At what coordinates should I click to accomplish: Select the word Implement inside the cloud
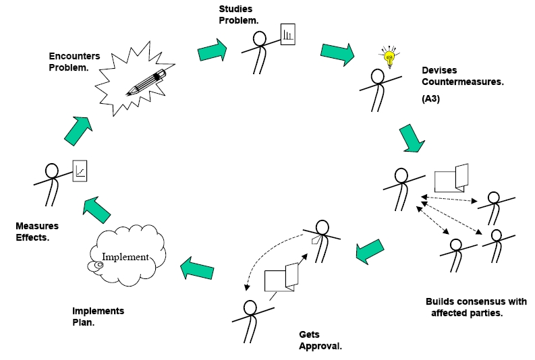point(125,257)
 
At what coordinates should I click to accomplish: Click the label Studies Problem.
point(238,14)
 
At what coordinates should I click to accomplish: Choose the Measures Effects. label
point(37,231)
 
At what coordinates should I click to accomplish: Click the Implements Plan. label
point(98,317)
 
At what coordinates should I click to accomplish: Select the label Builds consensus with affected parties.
point(475,307)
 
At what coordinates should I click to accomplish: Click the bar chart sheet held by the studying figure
point(288,34)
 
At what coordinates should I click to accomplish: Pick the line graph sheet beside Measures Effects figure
point(81,171)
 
